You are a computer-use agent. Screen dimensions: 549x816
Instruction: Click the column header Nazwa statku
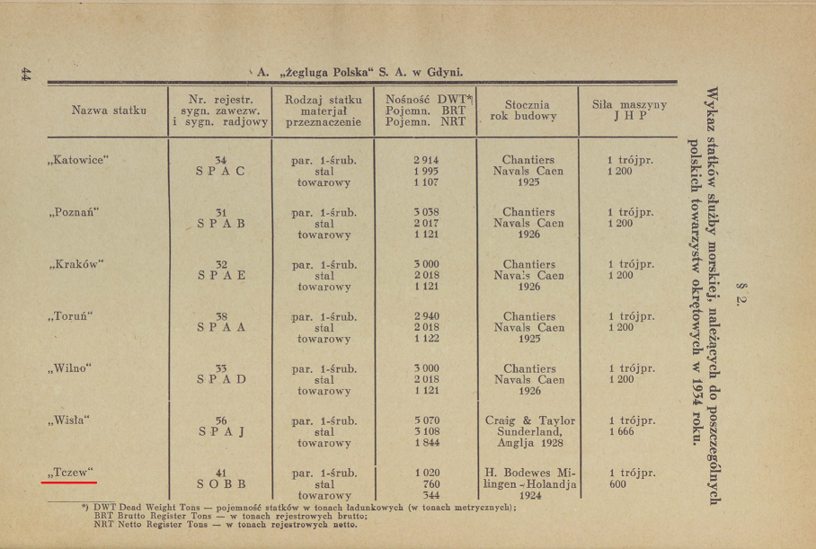[109, 111]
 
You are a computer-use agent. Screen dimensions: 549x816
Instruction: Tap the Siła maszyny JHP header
[629, 111]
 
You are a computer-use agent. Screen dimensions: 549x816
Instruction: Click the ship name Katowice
[76, 160]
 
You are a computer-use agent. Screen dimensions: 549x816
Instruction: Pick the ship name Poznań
[74, 212]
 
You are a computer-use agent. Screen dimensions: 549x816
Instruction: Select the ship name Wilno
[70, 368]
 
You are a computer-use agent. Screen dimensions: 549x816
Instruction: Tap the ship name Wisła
[69, 421]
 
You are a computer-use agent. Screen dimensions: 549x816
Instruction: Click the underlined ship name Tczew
[69, 473]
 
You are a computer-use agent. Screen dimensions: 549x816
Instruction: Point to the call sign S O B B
[220, 484]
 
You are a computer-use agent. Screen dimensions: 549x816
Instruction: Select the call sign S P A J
[220, 432]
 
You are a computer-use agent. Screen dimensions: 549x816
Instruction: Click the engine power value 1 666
[620, 432]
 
